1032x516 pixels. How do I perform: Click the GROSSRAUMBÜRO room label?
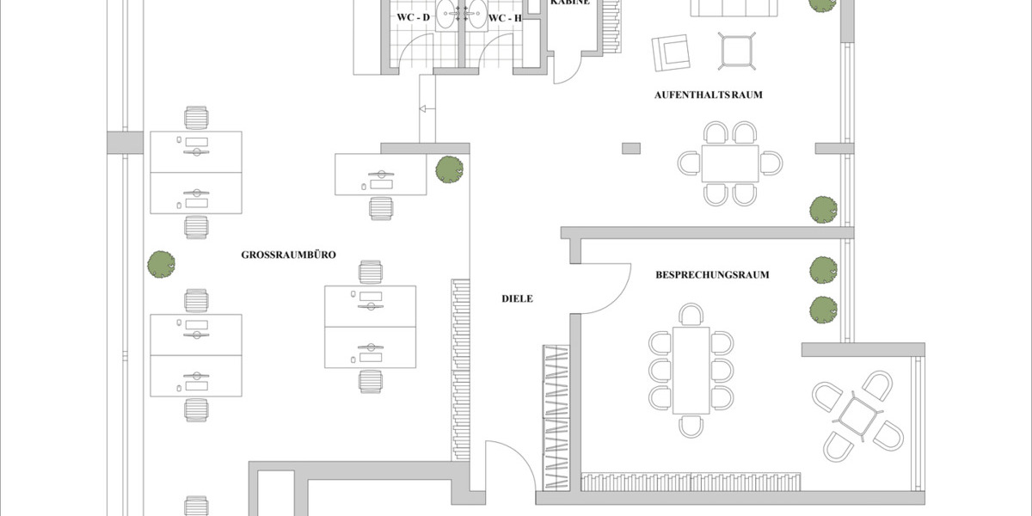tap(287, 255)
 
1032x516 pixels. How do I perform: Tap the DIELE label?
tap(518, 299)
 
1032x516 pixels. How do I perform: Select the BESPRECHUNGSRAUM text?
tap(712, 275)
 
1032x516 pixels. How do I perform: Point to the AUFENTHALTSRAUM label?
tap(720, 95)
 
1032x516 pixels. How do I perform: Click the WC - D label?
tap(413, 17)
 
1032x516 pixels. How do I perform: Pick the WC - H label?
tap(505, 17)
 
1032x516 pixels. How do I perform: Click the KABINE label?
tap(569, 3)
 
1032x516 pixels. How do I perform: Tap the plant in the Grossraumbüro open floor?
tap(161, 264)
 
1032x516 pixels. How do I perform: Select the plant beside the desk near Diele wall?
tap(448, 169)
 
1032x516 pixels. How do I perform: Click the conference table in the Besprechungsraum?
tap(691, 370)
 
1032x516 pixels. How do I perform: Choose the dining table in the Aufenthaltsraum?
tap(729, 163)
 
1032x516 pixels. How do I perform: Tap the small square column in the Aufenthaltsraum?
tap(631, 148)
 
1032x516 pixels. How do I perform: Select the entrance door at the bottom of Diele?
tap(503, 469)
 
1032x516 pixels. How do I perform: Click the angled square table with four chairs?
tap(856, 415)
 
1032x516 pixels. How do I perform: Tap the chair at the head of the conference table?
tap(691, 313)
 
